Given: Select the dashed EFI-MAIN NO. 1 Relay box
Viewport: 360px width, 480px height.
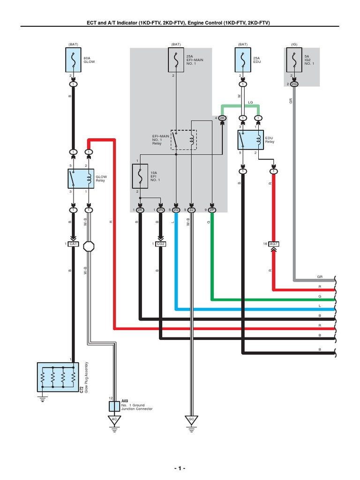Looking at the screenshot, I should point(184,140).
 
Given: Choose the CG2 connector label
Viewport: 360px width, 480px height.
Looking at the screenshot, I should point(161,244).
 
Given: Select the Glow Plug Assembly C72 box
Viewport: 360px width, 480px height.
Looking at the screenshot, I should point(57,376).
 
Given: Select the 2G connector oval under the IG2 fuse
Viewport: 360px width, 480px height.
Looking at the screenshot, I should point(294,84).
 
